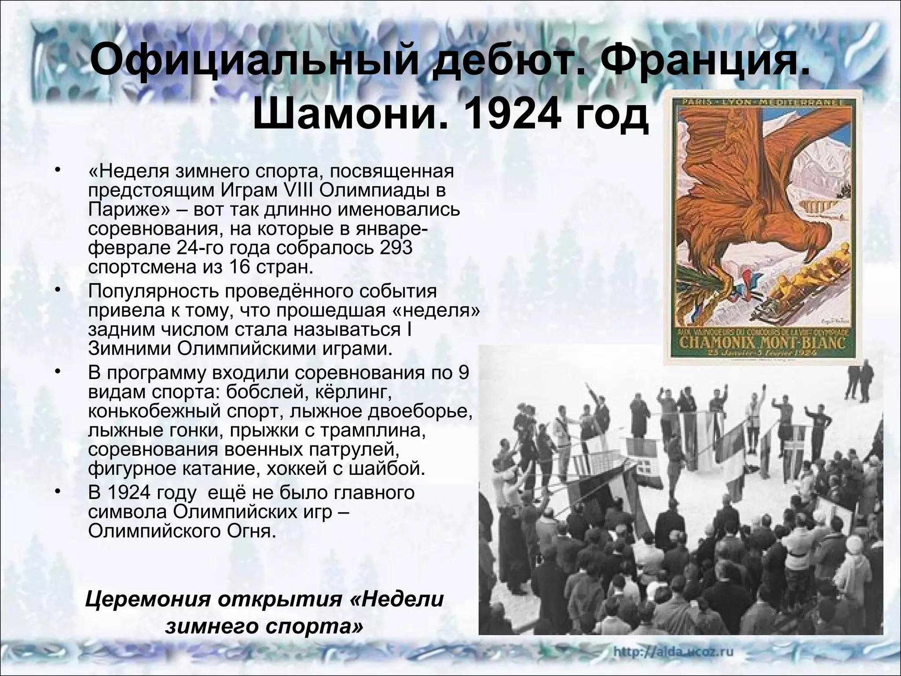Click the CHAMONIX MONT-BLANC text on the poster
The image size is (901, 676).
coord(761,342)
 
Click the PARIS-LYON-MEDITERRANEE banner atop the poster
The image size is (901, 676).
coord(761,103)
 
